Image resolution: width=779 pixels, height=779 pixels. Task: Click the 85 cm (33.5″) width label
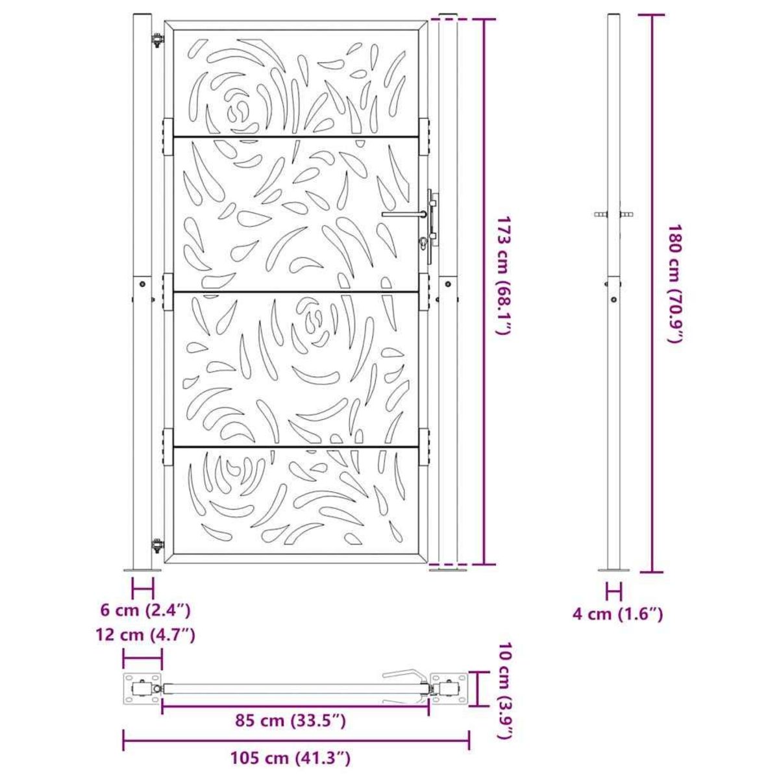click(290, 721)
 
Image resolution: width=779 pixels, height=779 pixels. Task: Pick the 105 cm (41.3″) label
click(291, 758)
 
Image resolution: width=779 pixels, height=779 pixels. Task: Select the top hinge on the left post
click(156, 41)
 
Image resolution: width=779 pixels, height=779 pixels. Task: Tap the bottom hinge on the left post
click(156, 545)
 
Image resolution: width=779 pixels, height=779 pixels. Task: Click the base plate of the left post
click(142, 571)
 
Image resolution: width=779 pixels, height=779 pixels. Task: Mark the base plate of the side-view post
click(613, 571)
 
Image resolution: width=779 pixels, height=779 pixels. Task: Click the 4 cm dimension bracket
click(614, 591)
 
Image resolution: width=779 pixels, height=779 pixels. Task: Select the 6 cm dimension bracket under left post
click(143, 589)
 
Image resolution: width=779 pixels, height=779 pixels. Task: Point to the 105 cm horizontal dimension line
click(296, 739)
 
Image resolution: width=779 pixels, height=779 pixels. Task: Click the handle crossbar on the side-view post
click(614, 214)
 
